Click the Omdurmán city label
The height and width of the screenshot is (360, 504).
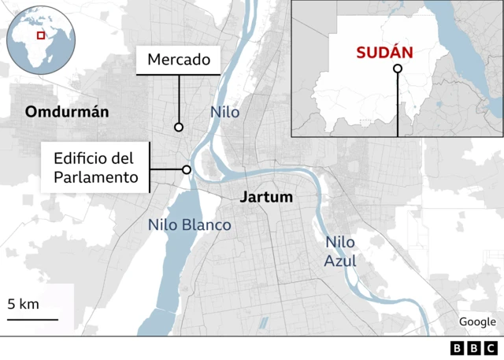point(67,112)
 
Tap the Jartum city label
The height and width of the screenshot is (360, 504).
point(266,197)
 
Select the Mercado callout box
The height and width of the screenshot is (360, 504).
point(179,59)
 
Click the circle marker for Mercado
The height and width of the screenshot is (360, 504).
point(179,127)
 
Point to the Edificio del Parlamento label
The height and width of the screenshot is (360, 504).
point(96,167)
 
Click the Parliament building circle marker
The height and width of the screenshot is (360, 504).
point(187,169)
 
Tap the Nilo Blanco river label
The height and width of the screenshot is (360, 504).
point(190,225)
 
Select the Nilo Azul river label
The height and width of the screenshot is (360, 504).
point(340,252)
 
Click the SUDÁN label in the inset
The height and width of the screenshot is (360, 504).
point(386,53)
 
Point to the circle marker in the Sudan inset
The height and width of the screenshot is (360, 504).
point(398,69)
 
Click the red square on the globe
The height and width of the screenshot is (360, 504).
point(40,35)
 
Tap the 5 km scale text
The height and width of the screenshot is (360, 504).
point(24,304)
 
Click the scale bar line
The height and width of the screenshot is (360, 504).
point(33,319)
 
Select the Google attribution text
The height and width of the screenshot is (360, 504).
point(477,321)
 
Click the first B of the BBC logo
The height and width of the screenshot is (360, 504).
point(458,348)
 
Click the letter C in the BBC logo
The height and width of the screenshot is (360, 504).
point(491,348)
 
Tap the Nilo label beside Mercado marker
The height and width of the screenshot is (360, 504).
point(224,113)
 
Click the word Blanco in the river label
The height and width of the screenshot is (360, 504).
point(208,225)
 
